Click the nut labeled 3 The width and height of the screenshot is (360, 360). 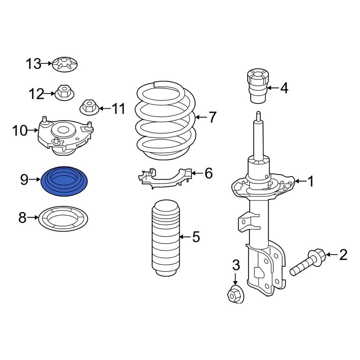click(235, 294)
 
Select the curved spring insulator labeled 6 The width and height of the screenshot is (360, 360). click(166, 176)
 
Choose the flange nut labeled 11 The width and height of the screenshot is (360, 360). click(87, 107)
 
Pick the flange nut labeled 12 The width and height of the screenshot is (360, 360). click(64, 93)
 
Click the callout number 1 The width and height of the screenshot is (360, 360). click(310, 182)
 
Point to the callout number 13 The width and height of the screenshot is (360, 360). click(33, 64)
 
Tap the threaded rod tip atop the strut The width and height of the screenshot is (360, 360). click(258, 116)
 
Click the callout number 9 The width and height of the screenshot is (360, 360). click(24, 179)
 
